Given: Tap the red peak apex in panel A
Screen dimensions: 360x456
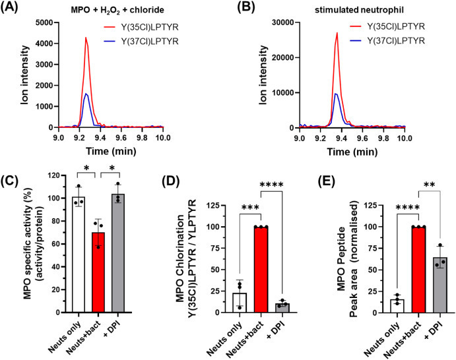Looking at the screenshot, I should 86,38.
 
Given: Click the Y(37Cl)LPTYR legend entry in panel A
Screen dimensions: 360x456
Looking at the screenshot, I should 146,43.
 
